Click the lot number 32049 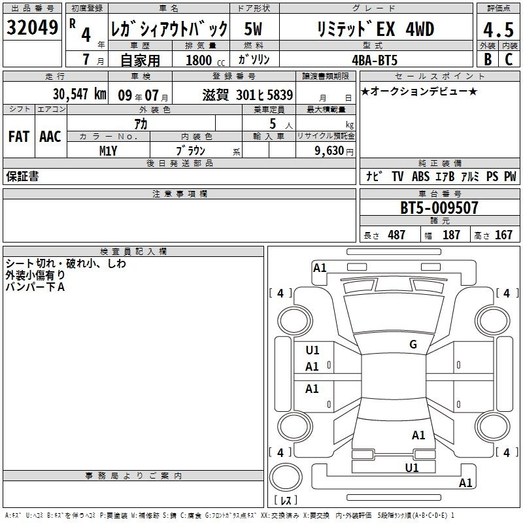pos(32,27)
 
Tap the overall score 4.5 pos(498,29)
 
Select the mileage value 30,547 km pos(79,94)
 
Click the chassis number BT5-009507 pos(439,207)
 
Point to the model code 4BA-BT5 pos(375,60)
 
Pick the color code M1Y pos(108,151)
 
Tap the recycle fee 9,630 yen pos(334,151)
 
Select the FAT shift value pos(19,137)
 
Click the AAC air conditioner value pos(50,137)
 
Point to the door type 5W pos(253,29)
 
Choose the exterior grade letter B pos(488,59)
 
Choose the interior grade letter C pos(509,59)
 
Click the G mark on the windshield pos(413,345)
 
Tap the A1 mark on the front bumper pos(320,268)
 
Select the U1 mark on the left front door pos(312,350)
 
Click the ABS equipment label pos(420,176)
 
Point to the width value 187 pos(451,235)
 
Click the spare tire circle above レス pos(286,477)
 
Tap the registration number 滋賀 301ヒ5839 pos(248,95)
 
